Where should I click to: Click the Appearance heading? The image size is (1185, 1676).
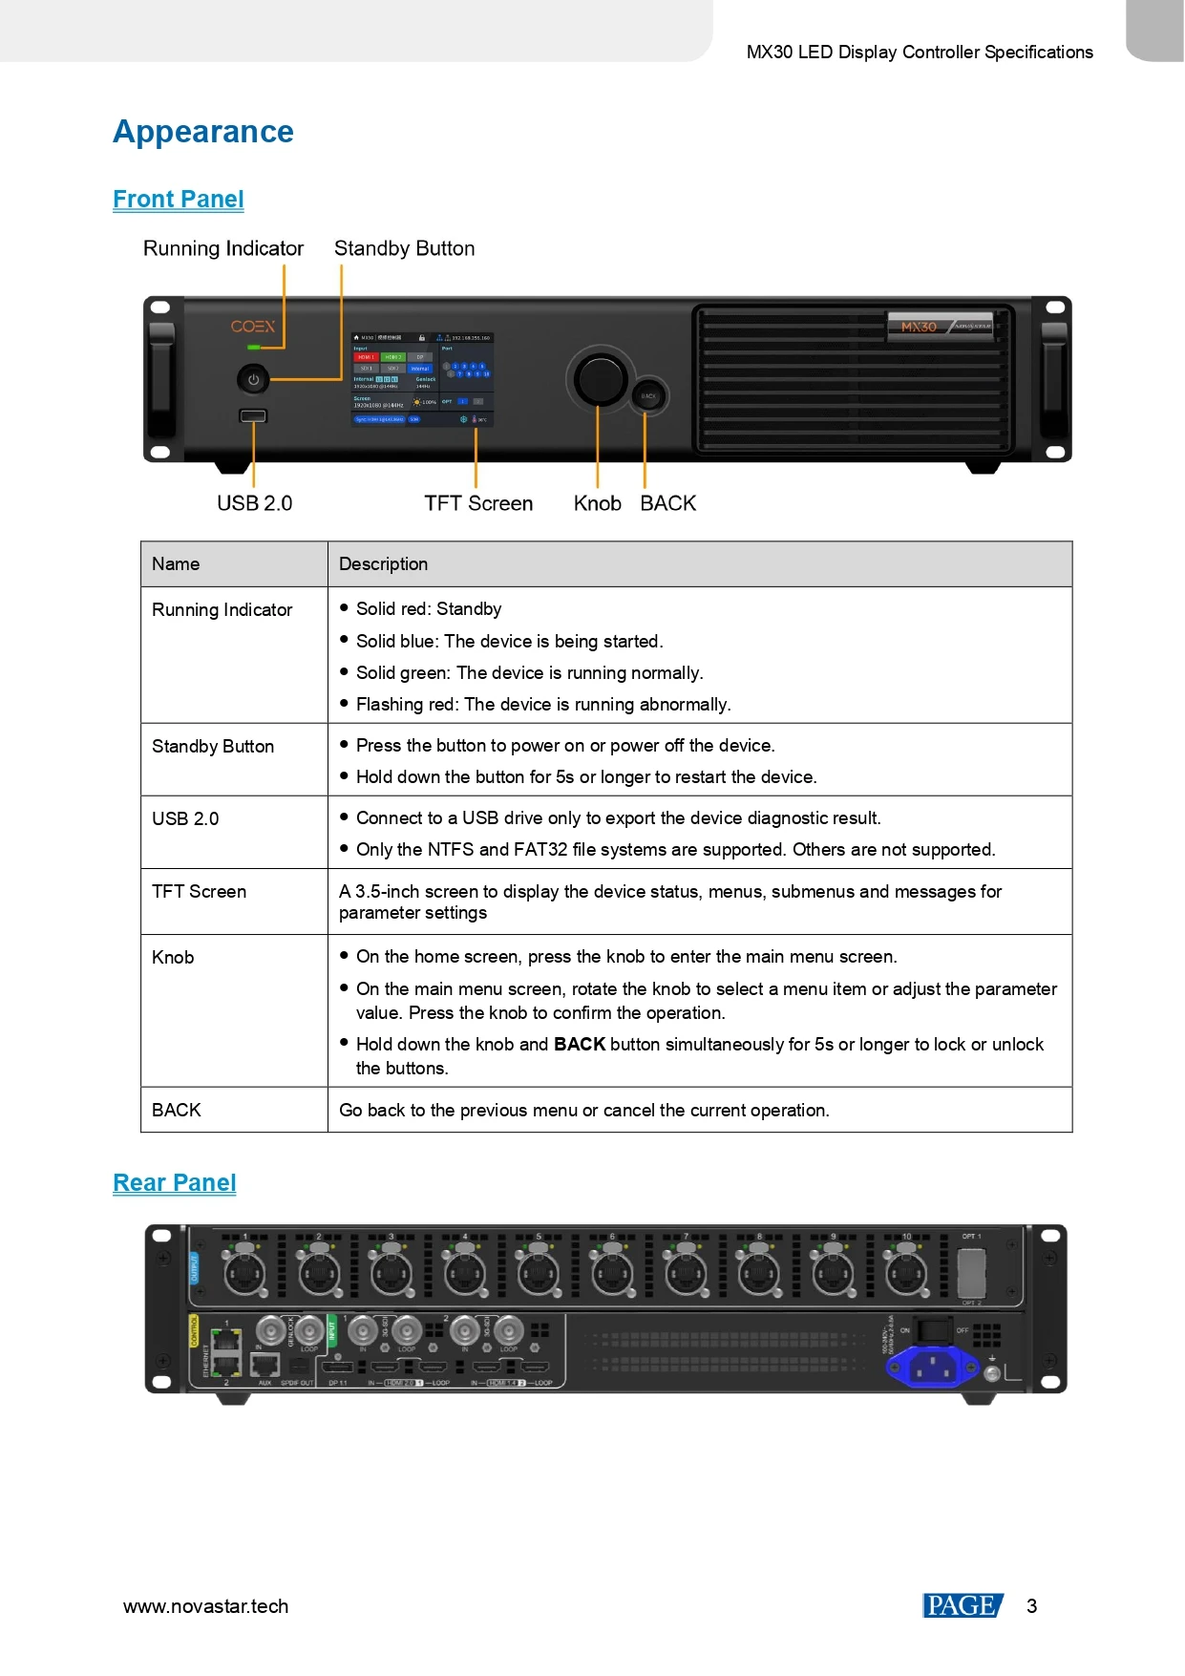point(203,132)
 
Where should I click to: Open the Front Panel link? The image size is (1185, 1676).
point(179,200)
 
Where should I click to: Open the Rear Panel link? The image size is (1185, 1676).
point(175,1183)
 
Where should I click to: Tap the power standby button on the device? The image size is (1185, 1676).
point(253,379)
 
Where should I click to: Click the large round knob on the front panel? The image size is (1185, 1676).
point(599,379)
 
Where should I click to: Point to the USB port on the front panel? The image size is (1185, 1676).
point(253,415)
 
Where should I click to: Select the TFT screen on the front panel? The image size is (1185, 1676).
point(422,379)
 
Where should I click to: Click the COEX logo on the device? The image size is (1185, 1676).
point(252,327)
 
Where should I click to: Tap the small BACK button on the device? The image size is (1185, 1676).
point(648,395)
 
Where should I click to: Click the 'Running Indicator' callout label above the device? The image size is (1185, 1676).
point(223,249)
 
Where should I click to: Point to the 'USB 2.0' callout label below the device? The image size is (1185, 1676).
point(254,503)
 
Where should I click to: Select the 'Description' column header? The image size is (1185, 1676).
point(383,564)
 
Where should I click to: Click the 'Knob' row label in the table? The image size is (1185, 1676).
point(173,958)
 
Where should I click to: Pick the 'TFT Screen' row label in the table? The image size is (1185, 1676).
point(199,892)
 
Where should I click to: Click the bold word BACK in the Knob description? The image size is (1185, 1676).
point(580,1045)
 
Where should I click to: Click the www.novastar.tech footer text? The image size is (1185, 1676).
point(205,1606)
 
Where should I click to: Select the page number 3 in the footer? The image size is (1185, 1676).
point(1031,1606)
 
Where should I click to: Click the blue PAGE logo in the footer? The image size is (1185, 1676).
point(962,1605)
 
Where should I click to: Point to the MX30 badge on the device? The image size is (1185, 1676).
point(920,327)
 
